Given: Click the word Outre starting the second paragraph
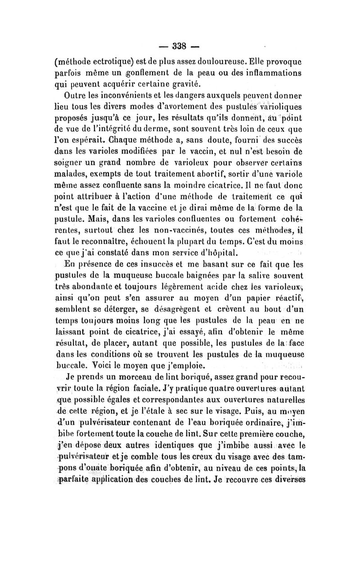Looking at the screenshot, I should pos(77,96).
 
